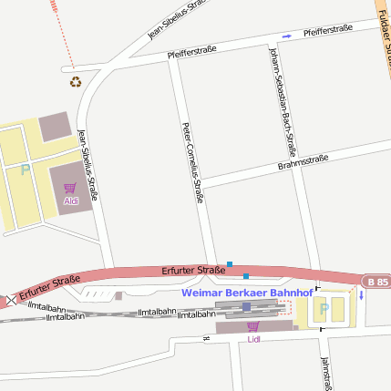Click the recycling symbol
pos(75,82)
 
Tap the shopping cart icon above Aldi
pos(70,188)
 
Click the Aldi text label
pos(70,201)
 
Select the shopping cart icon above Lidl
pos(252,326)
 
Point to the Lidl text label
pos(253,339)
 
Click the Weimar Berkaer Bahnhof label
pos(247,293)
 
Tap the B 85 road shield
pos(376,282)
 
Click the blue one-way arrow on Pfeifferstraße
pos(286,36)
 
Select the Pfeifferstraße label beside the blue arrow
pos(327,29)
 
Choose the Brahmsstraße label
pos(303,163)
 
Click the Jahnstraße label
pos(325,372)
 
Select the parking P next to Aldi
pos(25,170)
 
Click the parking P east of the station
pos(323,309)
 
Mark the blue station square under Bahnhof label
pos(246,307)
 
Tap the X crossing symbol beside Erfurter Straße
pos(11,300)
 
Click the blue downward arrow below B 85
pos(361,294)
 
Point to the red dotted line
pos(64,36)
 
